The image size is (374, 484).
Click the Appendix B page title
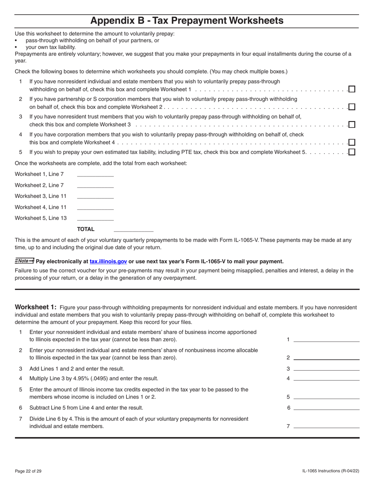[187, 20]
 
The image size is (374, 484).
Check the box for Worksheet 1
[352, 89]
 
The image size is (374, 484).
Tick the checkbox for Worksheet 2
[352, 107]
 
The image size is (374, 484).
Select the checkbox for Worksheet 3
[352, 124]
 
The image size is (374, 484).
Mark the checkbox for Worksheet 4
[352, 142]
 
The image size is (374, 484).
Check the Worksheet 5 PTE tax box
[352, 152]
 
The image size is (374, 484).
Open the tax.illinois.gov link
[108, 261]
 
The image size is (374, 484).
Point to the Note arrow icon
[24, 261]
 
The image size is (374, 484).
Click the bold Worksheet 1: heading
[36, 307]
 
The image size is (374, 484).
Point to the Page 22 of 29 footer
[28, 471]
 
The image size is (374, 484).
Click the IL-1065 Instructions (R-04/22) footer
[331, 471]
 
